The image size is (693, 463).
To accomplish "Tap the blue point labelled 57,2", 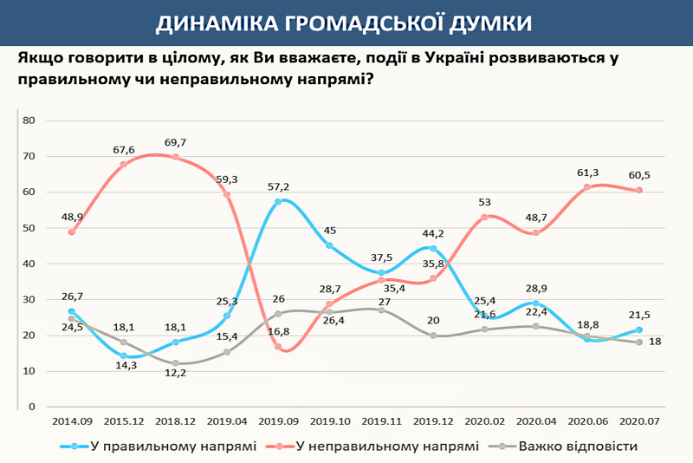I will (279, 202).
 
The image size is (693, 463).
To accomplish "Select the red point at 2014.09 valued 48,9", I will (71, 231).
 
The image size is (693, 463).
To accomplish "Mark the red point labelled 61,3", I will (589, 187).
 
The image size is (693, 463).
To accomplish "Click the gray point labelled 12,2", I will (175, 363).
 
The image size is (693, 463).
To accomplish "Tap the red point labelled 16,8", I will (279, 347).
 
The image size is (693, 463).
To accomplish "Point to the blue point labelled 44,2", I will (433, 249).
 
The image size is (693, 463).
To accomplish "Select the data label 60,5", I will (639, 174).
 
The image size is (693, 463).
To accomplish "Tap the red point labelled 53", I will (485, 217).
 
